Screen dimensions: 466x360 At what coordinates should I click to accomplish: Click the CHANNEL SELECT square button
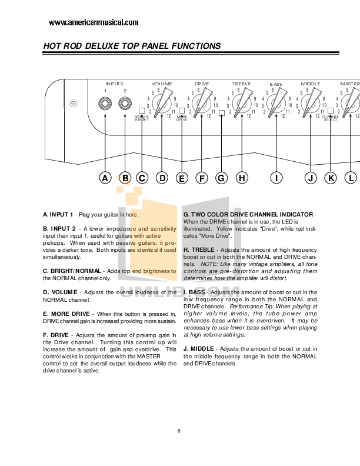[331, 111]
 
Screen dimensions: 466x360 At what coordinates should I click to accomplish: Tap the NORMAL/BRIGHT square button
[142, 111]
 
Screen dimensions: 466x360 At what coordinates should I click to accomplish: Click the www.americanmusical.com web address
[94, 22]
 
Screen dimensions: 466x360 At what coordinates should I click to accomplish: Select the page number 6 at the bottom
[178, 431]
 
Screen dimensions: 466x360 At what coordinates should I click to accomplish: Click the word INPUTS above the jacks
[114, 84]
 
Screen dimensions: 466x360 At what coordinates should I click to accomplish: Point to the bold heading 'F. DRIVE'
[57, 335]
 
